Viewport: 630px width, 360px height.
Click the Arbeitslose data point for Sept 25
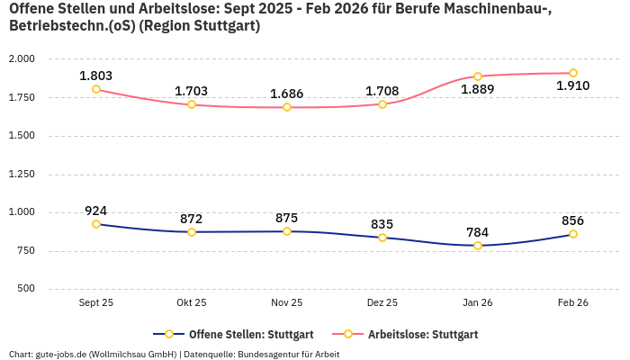pyautogui.click(x=96, y=89)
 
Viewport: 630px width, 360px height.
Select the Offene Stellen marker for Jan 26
pyautogui.click(x=478, y=246)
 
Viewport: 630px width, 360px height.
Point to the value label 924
pyautogui.click(x=96, y=211)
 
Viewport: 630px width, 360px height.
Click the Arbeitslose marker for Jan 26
pyautogui.click(x=478, y=76)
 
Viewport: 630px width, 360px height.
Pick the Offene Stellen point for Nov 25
pyautogui.click(x=287, y=231)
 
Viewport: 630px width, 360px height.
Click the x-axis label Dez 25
pyautogui.click(x=382, y=303)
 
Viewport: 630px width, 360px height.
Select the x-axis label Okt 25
pyautogui.click(x=192, y=303)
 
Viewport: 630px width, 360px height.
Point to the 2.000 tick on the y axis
pyautogui.click(x=21, y=59)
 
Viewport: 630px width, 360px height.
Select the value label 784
pyautogui.click(x=478, y=232)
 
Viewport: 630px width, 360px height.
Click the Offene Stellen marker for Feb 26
pyautogui.click(x=573, y=234)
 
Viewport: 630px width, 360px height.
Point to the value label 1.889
pyautogui.click(x=478, y=90)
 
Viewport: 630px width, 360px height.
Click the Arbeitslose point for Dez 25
pyautogui.click(x=382, y=104)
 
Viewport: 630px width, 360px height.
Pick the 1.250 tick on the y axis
pyautogui.click(x=21, y=175)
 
